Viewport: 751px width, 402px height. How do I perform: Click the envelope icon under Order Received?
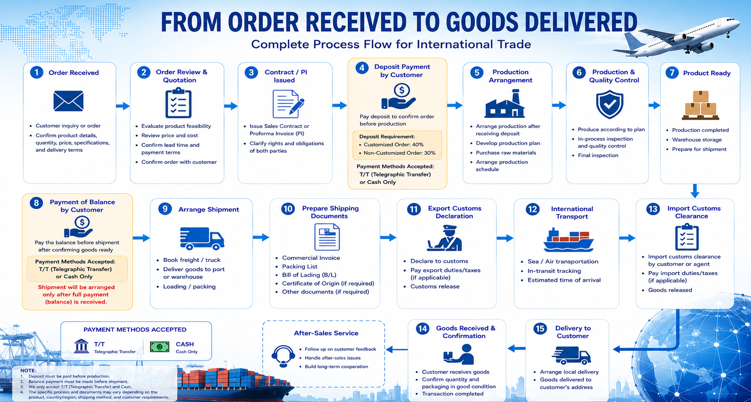[68, 101]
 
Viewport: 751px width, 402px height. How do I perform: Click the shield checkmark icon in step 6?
[609, 104]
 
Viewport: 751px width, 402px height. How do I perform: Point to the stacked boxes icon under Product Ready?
[701, 105]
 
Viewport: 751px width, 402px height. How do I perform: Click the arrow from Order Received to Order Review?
[123, 106]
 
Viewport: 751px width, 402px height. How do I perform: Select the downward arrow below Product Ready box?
[695, 190]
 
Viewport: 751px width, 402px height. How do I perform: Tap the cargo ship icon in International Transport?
[569, 240]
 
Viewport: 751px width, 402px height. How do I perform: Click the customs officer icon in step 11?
[445, 238]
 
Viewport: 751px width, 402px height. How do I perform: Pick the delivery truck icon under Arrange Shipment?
[202, 239]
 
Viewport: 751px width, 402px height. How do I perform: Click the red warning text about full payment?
[76, 294]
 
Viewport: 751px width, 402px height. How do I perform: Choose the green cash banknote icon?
[159, 347]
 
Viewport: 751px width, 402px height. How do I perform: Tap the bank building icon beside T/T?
[81, 346]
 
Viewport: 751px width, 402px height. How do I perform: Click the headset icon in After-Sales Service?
[283, 356]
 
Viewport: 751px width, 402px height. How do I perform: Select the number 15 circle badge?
[540, 328]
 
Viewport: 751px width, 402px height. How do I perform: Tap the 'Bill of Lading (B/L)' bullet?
[309, 275]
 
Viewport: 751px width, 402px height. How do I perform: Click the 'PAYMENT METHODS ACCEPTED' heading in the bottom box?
[135, 330]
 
